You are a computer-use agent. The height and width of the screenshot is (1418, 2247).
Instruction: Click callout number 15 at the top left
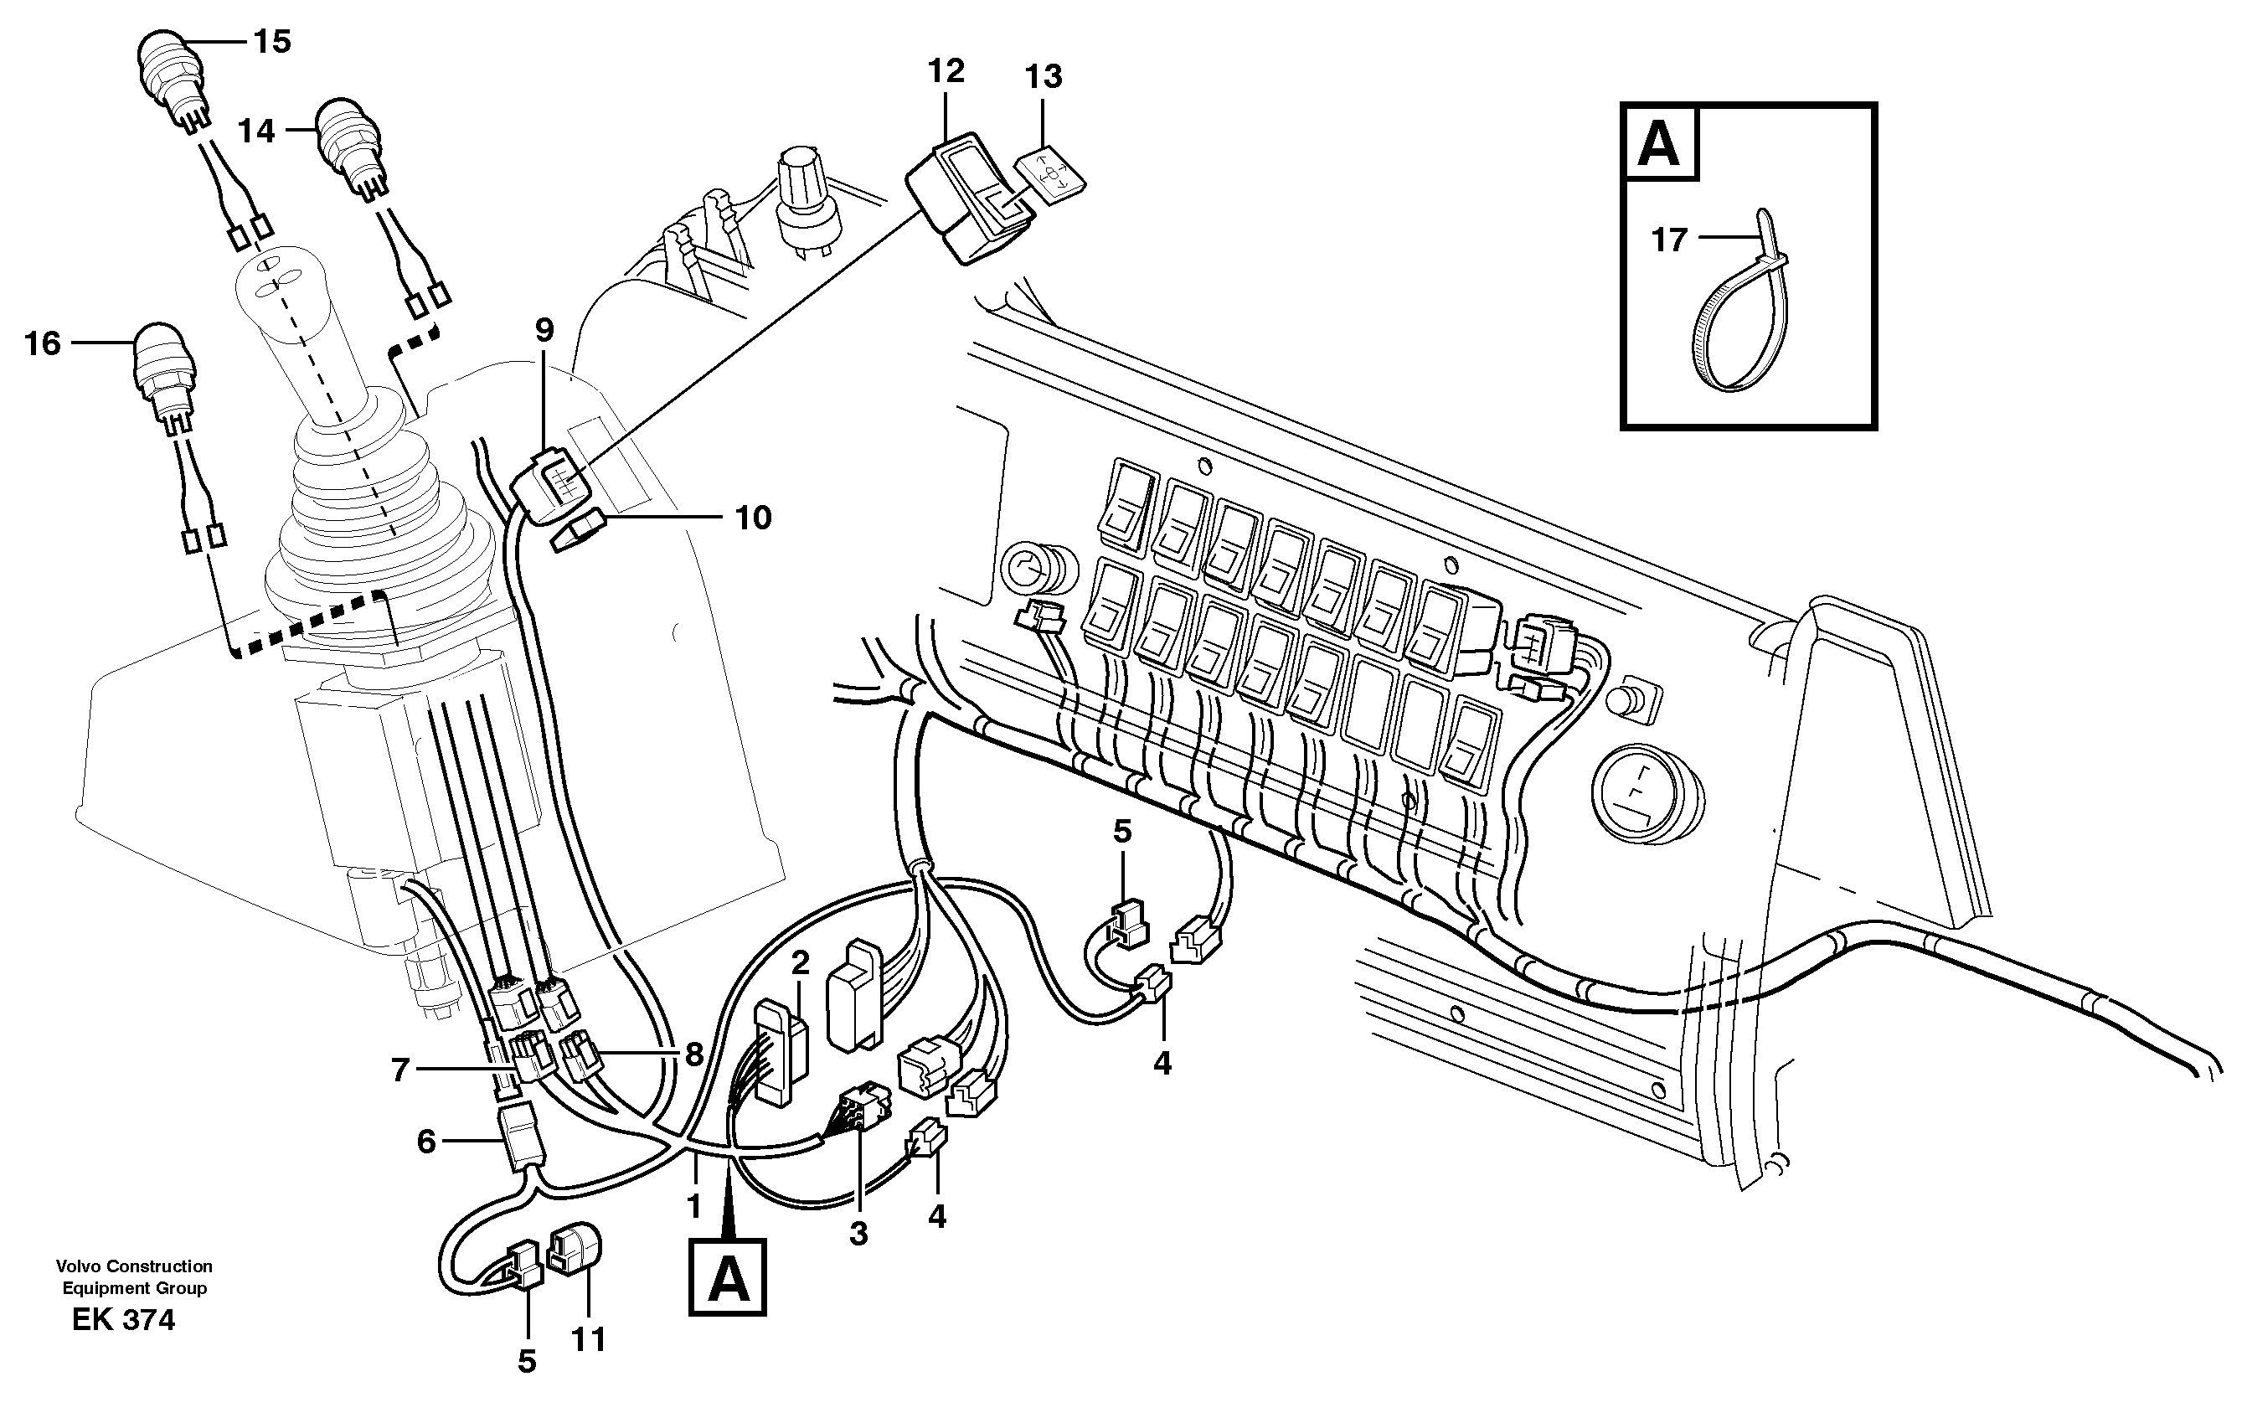[272, 42]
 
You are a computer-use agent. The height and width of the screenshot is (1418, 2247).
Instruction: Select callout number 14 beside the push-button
[255, 131]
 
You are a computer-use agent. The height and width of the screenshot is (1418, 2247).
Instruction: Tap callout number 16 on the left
[43, 343]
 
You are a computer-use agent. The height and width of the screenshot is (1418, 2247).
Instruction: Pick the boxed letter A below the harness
[727, 1278]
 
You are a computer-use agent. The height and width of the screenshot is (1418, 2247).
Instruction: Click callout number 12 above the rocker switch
[946, 71]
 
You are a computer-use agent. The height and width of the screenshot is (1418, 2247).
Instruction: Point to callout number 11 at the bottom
[588, 1340]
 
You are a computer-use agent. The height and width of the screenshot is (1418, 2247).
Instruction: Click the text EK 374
[123, 1320]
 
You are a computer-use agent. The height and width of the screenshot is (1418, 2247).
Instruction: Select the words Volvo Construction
[133, 1266]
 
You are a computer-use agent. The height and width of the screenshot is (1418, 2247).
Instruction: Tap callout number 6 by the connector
[425, 1141]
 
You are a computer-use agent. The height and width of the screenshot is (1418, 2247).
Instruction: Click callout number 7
[400, 1069]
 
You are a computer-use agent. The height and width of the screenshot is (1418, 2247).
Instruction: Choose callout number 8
[693, 1054]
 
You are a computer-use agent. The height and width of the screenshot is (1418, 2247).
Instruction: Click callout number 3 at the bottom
[858, 1233]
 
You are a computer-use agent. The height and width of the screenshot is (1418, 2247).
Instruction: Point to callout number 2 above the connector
[800, 962]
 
